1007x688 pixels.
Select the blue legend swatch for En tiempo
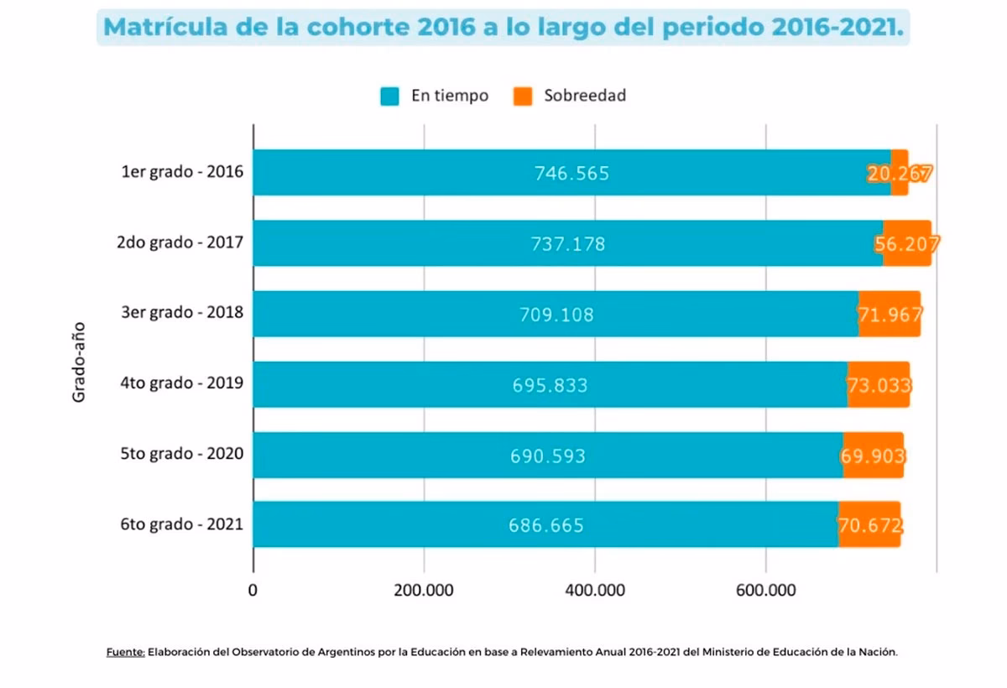(x=389, y=96)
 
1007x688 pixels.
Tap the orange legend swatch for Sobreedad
(x=522, y=96)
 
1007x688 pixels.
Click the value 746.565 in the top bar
(x=571, y=174)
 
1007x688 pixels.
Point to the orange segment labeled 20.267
(x=900, y=174)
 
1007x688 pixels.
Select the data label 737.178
(x=567, y=244)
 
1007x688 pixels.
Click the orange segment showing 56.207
(x=906, y=244)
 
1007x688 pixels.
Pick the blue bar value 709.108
(x=556, y=315)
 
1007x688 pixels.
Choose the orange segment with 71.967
(x=890, y=315)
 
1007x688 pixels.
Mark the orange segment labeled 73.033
(x=879, y=385)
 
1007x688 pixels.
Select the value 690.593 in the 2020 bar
(x=548, y=456)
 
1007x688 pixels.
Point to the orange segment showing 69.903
(x=873, y=456)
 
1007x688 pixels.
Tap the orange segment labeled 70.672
(x=869, y=526)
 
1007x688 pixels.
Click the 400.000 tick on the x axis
(x=594, y=590)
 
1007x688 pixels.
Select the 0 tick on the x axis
(x=253, y=590)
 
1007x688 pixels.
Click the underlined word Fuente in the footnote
(x=126, y=652)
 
